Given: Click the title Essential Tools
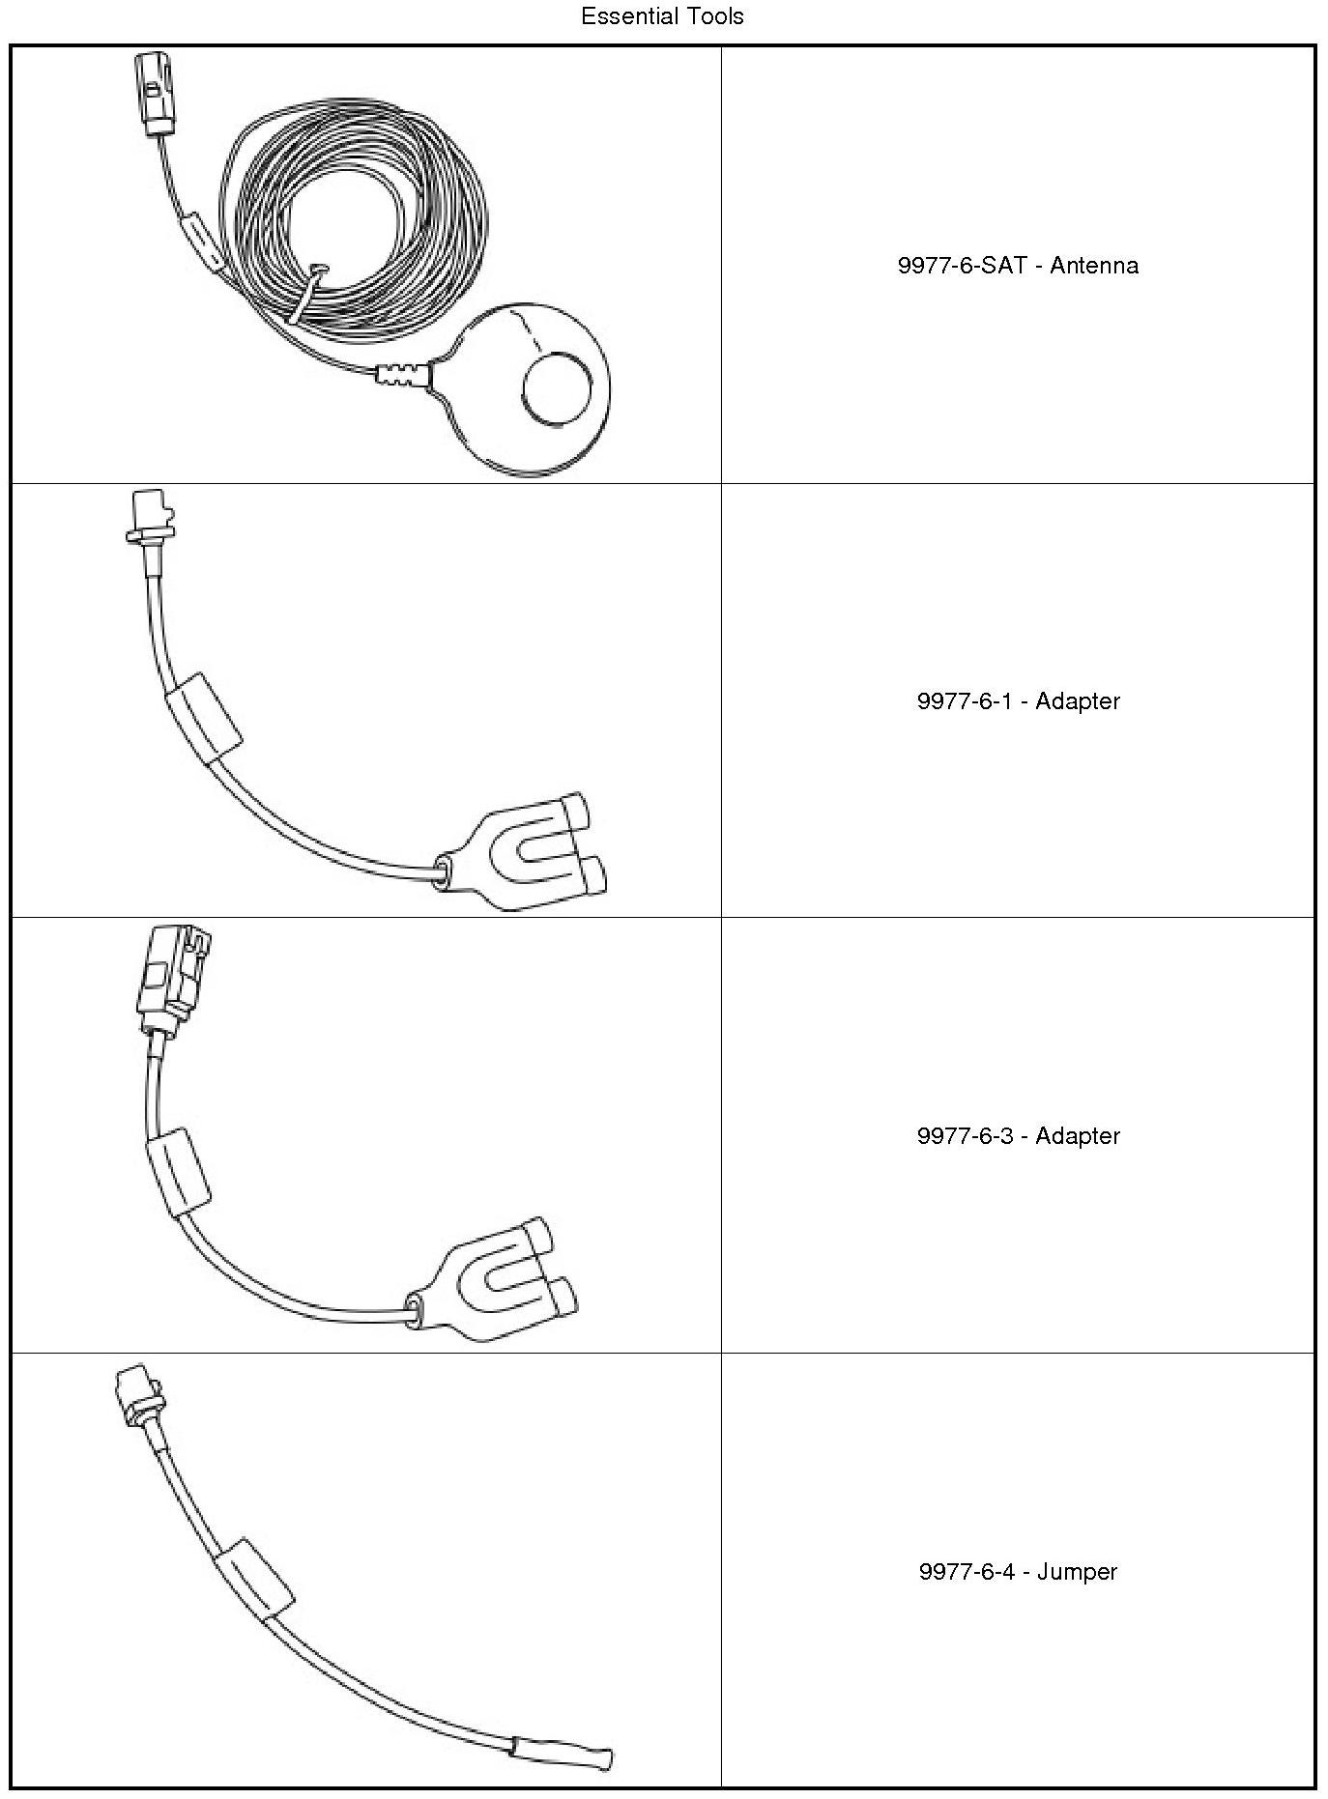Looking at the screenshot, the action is (662, 16).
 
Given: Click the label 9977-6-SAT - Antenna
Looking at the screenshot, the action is (1018, 266).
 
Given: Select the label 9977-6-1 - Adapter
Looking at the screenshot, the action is (1018, 701).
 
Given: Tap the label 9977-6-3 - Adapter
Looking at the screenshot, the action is (1018, 1136).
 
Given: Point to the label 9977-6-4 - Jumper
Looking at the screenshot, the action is (1018, 1572).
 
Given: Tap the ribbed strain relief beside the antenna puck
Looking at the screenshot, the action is (401, 375).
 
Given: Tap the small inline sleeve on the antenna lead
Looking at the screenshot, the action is (204, 241).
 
